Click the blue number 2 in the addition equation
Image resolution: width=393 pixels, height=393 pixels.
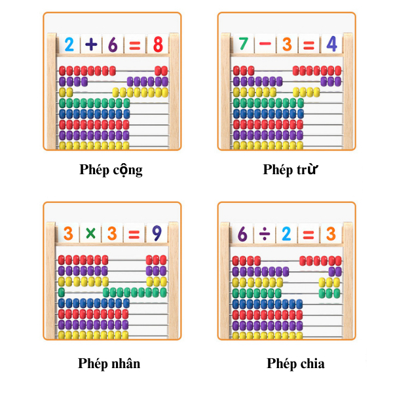click(x=69, y=45)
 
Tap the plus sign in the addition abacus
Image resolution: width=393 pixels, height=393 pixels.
click(x=91, y=45)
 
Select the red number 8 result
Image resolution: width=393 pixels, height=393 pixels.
click(x=158, y=45)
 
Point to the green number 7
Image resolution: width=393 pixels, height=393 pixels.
click(x=244, y=44)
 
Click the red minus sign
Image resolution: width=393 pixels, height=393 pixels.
click(x=265, y=44)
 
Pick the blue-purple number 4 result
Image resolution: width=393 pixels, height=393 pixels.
click(x=332, y=44)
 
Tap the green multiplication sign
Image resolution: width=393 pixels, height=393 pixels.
click(x=90, y=233)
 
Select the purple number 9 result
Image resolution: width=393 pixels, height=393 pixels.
click(x=157, y=233)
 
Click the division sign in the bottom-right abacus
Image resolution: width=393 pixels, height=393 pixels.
click(x=265, y=234)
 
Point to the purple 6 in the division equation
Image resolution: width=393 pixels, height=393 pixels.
click(x=242, y=234)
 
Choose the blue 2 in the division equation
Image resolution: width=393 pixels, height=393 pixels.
click(x=286, y=234)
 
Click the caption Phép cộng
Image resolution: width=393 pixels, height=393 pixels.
click(x=111, y=170)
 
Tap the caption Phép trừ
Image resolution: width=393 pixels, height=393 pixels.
click(x=290, y=169)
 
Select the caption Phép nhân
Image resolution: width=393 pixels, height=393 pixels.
click(x=109, y=364)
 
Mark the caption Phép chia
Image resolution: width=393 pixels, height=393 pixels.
click(x=295, y=364)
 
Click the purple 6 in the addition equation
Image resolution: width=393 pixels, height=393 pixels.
click(x=113, y=45)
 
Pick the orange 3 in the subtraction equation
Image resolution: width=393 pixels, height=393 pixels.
click(x=288, y=45)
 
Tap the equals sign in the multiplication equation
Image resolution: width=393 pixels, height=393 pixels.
click(x=134, y=234)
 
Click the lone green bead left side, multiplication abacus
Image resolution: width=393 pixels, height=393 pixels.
click(x=62, y=292)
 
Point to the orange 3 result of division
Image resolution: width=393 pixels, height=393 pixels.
click(x=331, y=234)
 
